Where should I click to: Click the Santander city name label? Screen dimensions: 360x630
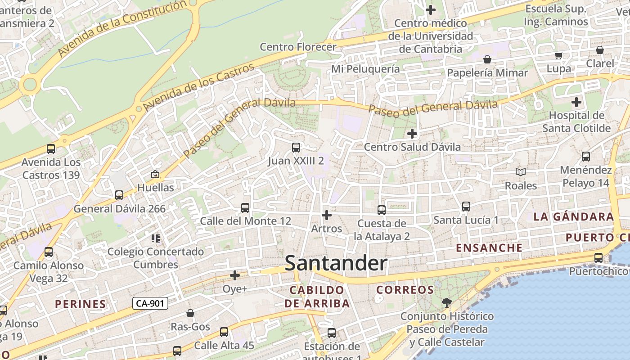(336, 263)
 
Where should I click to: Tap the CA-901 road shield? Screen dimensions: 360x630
(150, 303)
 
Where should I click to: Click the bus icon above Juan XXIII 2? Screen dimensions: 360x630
(296, 147)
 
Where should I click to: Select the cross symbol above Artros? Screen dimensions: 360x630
(327, 215)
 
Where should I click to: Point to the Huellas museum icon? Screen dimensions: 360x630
(155, 174)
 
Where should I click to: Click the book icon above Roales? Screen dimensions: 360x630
(521, 172)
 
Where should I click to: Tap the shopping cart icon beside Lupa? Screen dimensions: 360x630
(558, 55)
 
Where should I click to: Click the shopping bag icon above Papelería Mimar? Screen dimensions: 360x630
(487, 59)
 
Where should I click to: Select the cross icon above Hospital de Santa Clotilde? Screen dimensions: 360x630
(576, 102)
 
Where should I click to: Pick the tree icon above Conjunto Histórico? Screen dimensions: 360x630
(446, 303)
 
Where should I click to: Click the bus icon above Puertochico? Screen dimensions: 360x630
(598, 258)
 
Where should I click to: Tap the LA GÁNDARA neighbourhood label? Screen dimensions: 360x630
(573, 216)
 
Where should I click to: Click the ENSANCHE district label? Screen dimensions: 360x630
(489, 247)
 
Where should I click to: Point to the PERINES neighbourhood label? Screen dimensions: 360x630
(81, 304)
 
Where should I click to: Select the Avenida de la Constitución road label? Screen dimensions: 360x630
(122, 28)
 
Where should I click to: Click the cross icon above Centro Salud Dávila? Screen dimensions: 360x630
(412, 133)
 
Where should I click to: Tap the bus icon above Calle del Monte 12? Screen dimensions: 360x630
(245, 207)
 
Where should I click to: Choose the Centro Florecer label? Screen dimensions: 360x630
(298, 47)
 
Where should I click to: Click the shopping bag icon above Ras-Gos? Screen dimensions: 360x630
(190, 313)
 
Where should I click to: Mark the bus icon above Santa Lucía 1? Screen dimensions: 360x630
(466, 207)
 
